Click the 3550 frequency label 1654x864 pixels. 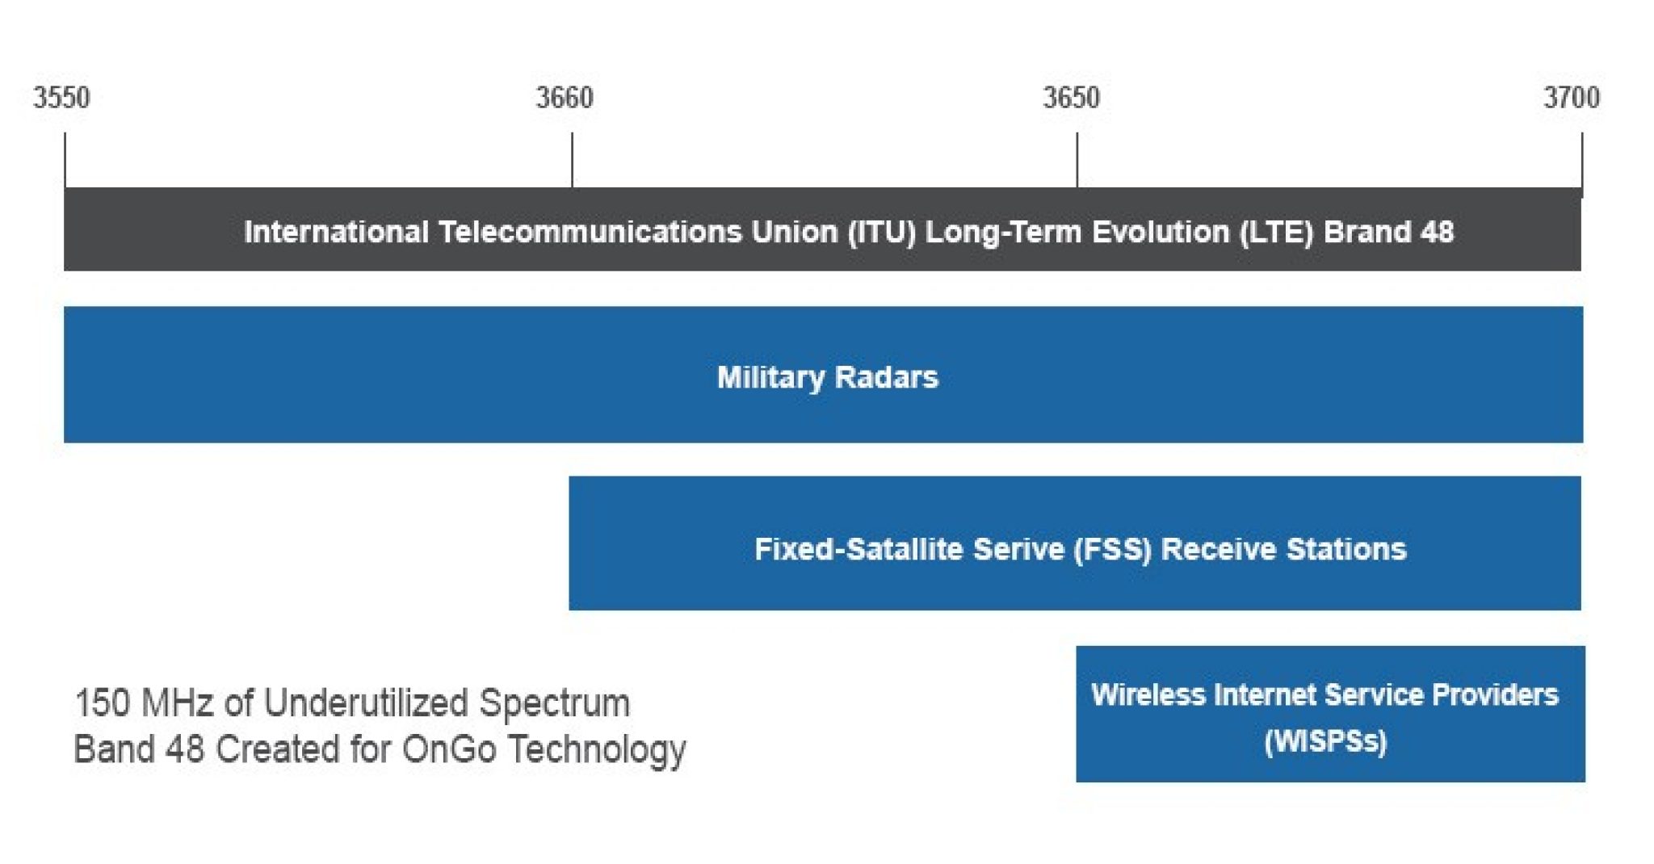61,98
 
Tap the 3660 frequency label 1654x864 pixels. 565,98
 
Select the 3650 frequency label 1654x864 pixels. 1071,98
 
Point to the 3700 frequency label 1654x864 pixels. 1572,98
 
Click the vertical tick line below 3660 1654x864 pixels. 572,160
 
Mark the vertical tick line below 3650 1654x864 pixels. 1077,160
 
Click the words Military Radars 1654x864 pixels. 828,377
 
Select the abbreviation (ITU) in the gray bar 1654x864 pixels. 881,232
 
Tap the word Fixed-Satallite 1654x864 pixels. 858,549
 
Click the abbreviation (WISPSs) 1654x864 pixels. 1325,741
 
